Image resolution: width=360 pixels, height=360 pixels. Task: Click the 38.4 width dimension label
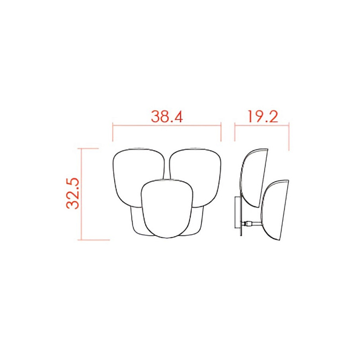pos(167,116)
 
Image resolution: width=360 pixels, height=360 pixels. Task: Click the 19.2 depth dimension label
pos(263,116)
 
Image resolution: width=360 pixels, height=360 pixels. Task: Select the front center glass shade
pos(167,208)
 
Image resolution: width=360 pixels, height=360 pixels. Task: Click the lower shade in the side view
pos(274,210)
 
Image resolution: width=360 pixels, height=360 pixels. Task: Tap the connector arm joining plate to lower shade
pos(252,223)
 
